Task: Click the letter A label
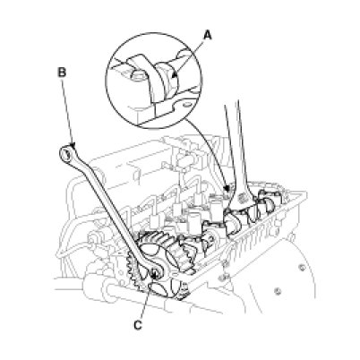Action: (207, 36)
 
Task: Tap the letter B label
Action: (61, 73)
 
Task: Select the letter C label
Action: (137, 325)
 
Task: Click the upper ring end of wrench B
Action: (67, 153)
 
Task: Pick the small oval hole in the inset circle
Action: (187, 106)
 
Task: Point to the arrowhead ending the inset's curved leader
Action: (227, 189)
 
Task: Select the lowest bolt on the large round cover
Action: (278, 290)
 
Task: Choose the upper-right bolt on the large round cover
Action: (304, 267)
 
